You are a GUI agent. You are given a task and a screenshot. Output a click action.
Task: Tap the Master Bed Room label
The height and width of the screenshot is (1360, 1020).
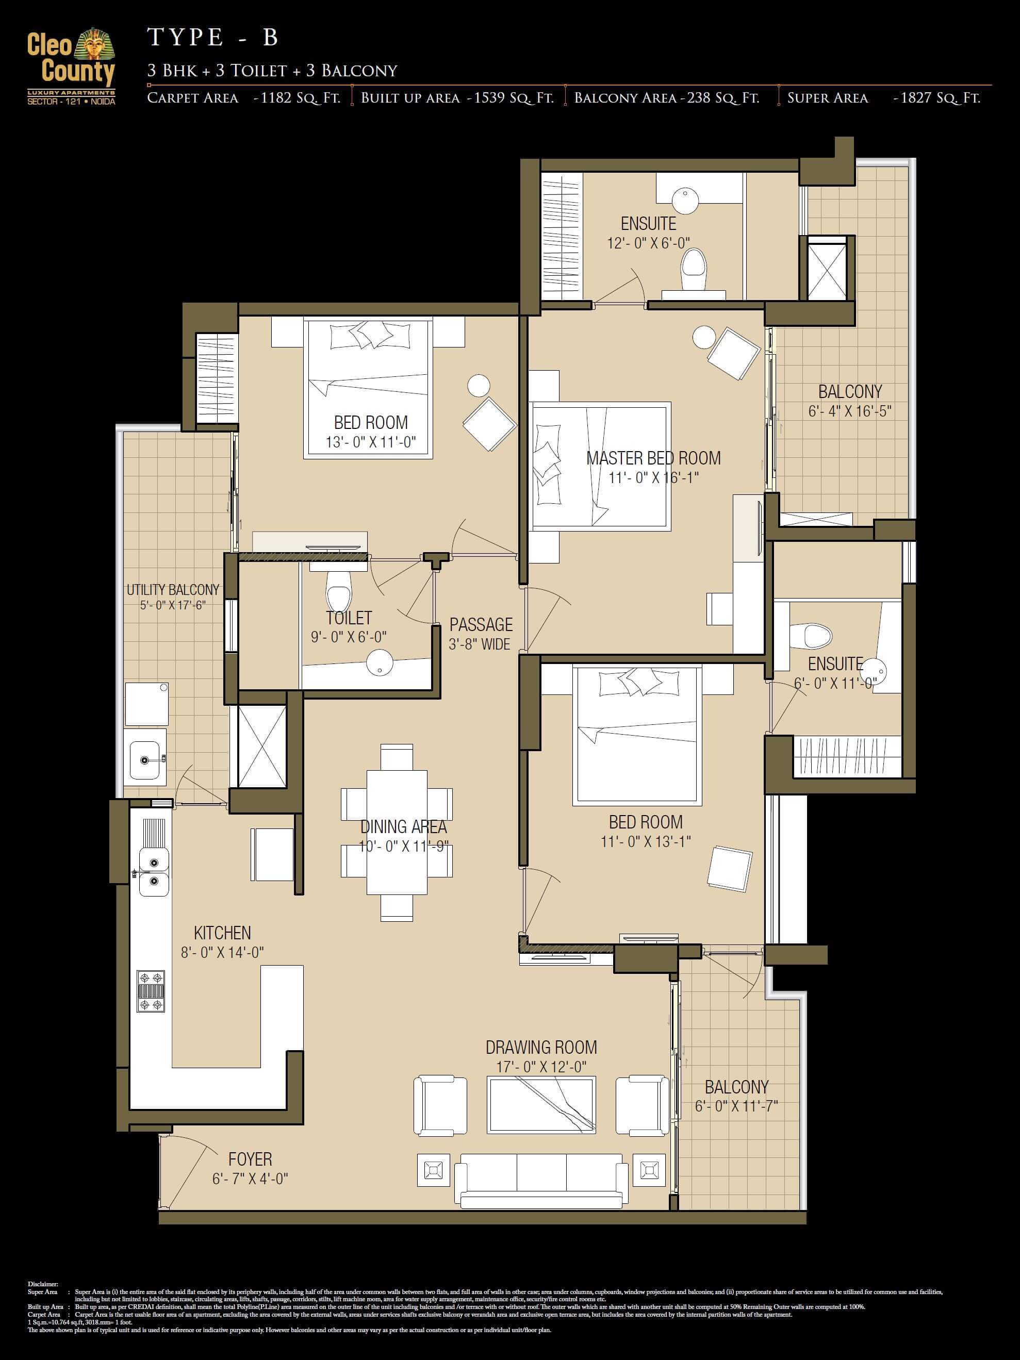(x=653, y=458)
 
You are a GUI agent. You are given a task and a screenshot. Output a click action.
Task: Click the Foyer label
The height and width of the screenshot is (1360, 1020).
(x=250, y=1159)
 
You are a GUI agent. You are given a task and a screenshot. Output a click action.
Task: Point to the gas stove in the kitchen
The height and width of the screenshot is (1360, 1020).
(x=151, y=991)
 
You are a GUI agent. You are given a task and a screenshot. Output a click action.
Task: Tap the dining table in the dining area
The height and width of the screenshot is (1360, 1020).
(x=397, y=833)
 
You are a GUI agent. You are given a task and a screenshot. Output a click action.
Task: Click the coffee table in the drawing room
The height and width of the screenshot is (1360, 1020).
(x=541, y=1105)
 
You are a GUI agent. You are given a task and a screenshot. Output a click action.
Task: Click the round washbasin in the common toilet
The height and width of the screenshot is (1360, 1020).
(x=380, y=663)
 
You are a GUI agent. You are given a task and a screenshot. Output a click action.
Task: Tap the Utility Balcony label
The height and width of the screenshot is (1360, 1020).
(x=173, y=590)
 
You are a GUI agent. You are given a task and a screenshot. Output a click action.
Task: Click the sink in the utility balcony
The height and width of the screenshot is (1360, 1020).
(x=145, y=760)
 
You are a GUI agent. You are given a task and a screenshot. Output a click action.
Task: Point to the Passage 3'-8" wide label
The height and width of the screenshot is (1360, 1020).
(x=481, y=633)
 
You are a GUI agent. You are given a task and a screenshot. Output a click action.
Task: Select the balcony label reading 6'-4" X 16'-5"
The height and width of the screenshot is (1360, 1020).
(x=850, y=411)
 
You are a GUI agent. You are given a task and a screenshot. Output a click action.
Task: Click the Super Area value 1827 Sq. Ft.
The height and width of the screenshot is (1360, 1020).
(x=936, y=98)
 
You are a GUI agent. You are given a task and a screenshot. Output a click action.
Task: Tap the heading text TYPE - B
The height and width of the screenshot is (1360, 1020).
(x=213, y=38)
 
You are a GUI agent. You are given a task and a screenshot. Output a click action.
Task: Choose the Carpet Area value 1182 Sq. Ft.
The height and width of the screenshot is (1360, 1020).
(x=297, y=98)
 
